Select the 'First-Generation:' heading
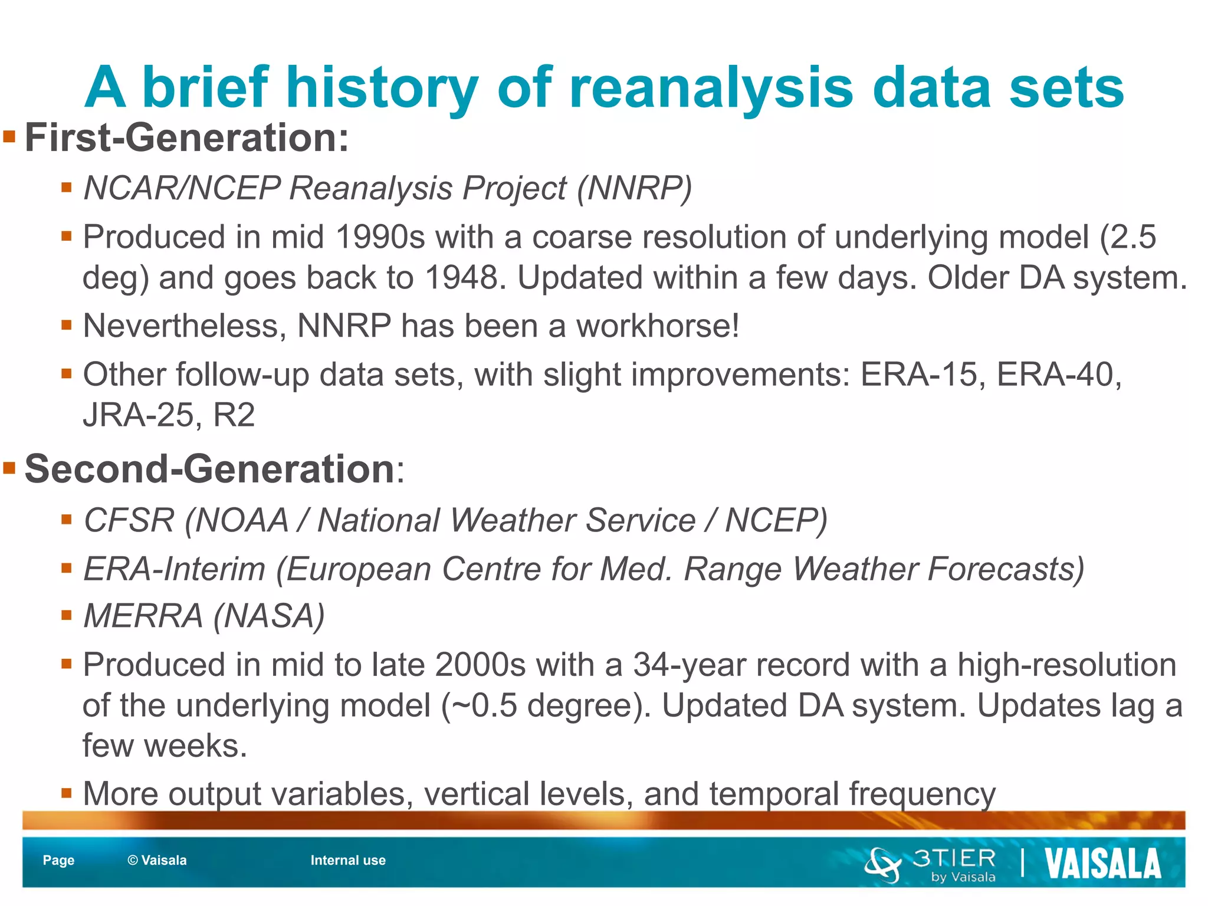tap(186, 137)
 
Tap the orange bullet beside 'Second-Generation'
tap(9, 469)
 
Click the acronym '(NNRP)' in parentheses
tap(634, 188)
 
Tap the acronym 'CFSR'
tap(129, 520)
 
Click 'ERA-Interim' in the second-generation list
tap(175, 569)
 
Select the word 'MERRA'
tap(143, 616)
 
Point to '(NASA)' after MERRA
tap(269, 616)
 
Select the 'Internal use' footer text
tap(348, 860)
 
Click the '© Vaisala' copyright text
tap(157, 860)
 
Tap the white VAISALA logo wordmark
tap(1102, 864)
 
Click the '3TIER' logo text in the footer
tap(954, 858)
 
